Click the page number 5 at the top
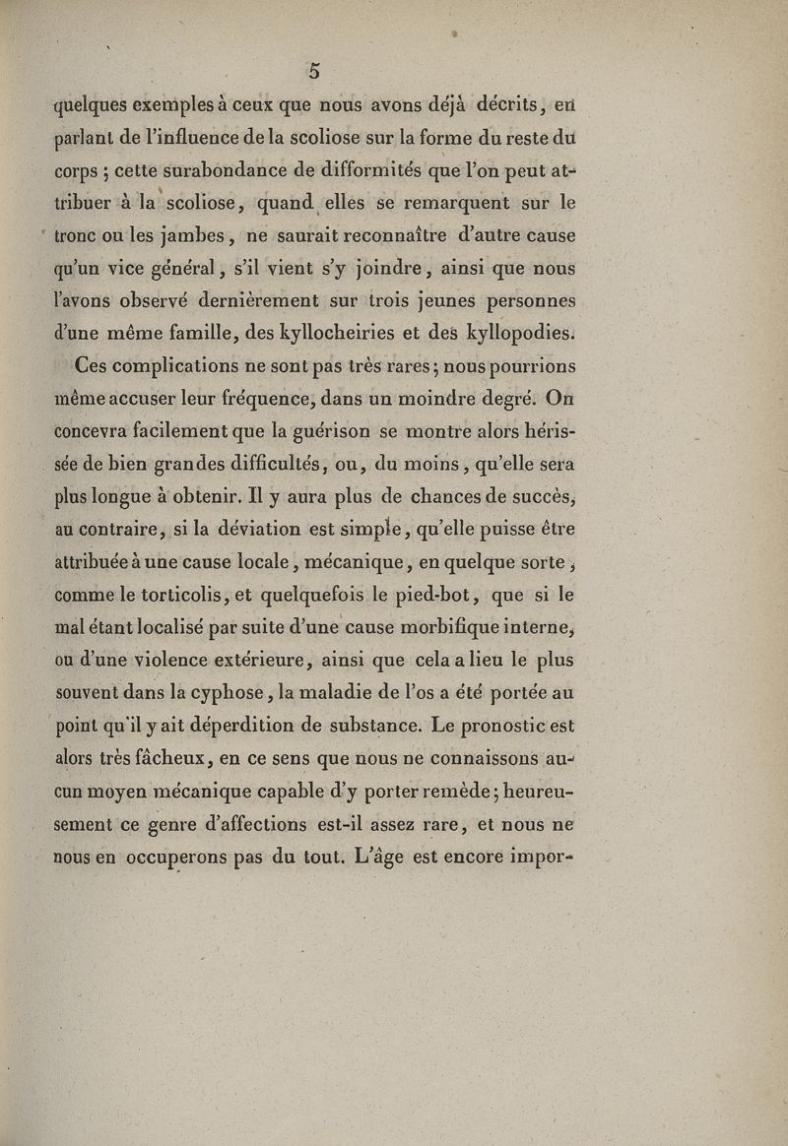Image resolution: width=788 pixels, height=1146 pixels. point(313,70)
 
